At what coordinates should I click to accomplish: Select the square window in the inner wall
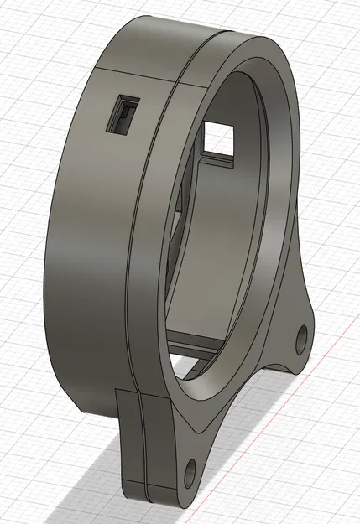(219, 137)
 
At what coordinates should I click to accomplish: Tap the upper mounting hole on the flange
(300, 340)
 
